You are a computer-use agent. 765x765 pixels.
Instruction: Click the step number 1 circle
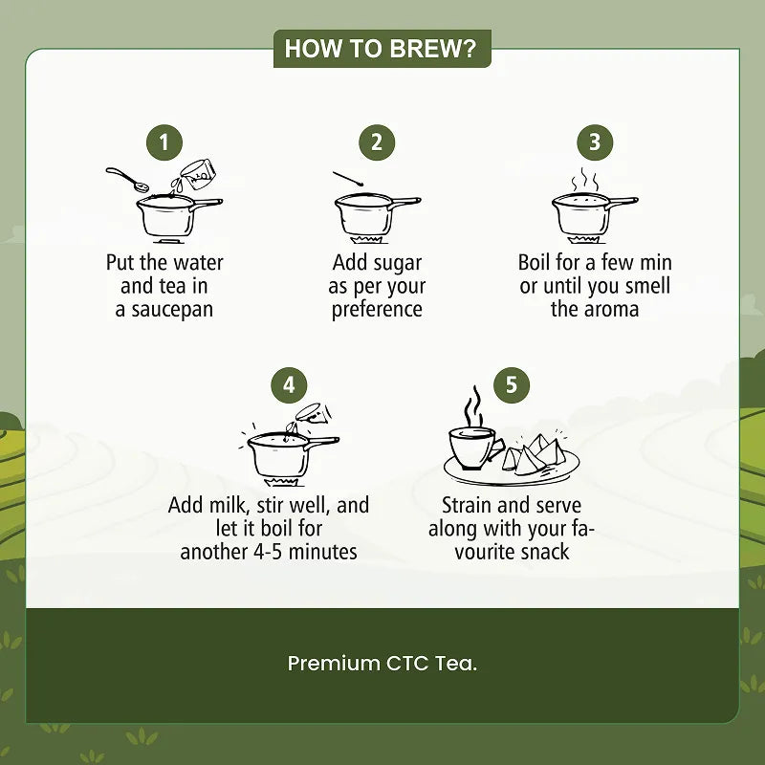tap(164, 142)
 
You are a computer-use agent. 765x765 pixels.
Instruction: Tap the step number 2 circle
tap(377, 142)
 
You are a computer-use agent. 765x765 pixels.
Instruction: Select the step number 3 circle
tap(595, 142)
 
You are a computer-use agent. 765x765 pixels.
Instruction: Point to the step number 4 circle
tap(290, 385)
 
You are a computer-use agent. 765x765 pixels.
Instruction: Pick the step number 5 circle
tap(512, 385)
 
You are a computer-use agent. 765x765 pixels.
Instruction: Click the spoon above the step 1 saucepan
tap(128, 180)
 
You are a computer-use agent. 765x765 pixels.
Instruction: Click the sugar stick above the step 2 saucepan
tap(348, 179)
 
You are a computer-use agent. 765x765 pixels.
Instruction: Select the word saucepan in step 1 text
tap(172, 310)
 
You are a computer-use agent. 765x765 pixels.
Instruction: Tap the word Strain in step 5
tap(467, 505)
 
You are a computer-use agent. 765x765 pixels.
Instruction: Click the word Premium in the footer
tap(334, 664)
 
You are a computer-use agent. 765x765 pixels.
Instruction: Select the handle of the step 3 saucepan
tap(623, 201)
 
